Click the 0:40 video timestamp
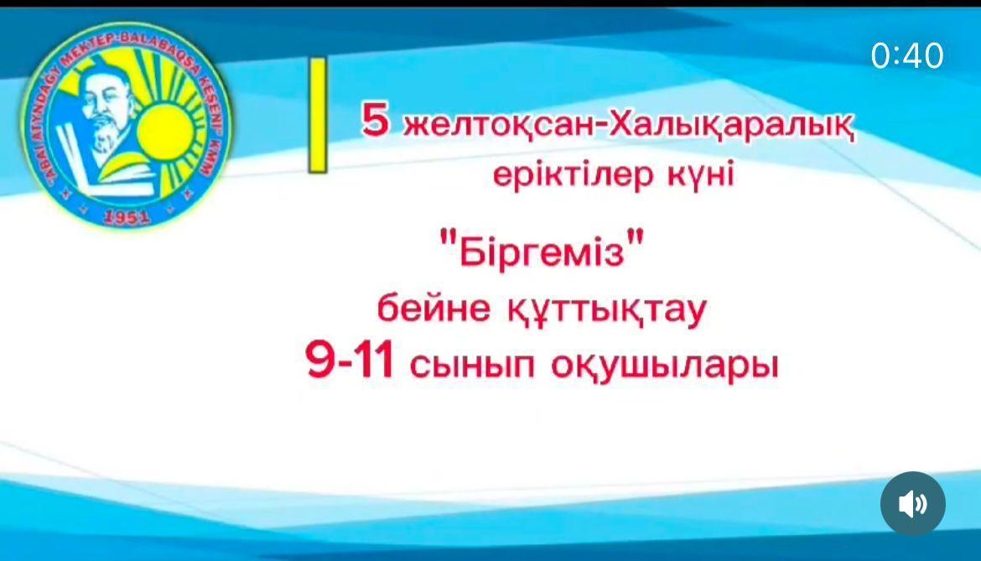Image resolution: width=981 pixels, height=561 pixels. pyautogui.click(x=907, y=56)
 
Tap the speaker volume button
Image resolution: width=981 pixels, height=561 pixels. pyautogui.click(x=912, y=504)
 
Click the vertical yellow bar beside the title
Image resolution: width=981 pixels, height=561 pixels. pyautogui.click(x=317, y=116)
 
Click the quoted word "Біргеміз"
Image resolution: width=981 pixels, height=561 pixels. pyautogui.click(x=545, y=251)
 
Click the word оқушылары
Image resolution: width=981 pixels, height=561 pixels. pyautogui.click(x=665, y=367)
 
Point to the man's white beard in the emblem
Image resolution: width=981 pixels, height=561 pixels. pyautogui.click(x=102, y=138)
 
